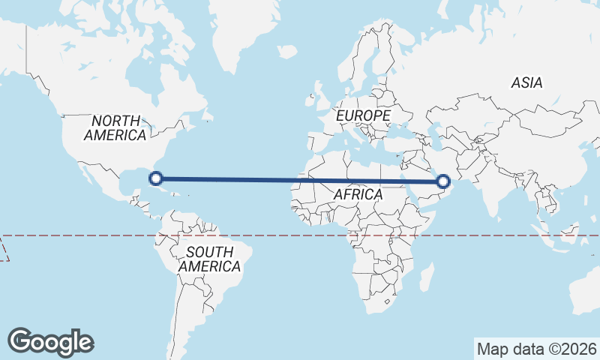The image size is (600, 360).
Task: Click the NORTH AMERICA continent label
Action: [x=115, y=128]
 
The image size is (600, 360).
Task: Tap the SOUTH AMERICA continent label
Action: [x=209, y=259]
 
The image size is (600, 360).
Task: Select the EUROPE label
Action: [x=363, y=115]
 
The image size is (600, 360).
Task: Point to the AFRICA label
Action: [x=358, y=194]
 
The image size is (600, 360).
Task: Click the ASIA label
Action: [x=526, y=82]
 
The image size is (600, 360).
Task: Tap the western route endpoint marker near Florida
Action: [x=156, y=178]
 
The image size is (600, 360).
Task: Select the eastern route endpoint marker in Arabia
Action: [x=443, y=181]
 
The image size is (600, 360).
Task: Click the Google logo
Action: [x=50, y=342]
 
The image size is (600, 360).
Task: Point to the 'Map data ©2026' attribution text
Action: [x=536, y=349]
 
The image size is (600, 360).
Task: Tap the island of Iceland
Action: [x=287, y=52]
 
